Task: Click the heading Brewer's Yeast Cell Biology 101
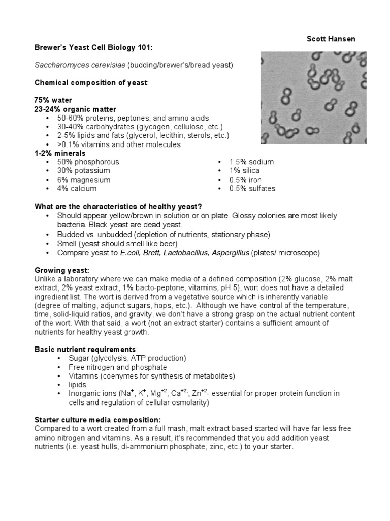[x=93, y=48]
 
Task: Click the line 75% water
[x=53, y=100]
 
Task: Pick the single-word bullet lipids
[x=78, y=385]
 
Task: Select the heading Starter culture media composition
[x=97, y=420]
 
